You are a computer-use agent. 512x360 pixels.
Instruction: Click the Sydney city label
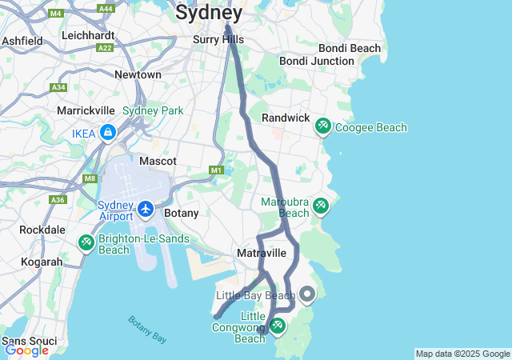209,13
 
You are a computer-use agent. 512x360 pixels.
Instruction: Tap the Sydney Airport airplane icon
146,209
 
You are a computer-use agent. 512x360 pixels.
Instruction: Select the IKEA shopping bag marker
107,132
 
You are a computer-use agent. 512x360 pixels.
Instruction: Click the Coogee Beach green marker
322,126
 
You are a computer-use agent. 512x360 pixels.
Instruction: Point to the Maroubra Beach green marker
320,206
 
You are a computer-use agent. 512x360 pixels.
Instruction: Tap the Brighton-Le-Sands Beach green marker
86,242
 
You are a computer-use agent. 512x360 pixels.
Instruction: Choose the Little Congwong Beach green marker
277,326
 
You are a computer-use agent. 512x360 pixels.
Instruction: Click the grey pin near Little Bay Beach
306,294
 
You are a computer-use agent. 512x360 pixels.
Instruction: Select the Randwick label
286,118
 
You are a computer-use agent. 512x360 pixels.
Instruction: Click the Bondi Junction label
316,61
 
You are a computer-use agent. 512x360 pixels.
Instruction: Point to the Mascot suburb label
158,161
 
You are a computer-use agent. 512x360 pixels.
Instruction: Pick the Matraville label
261,253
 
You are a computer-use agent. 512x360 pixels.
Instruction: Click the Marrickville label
88,110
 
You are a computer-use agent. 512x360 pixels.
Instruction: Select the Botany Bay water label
147,329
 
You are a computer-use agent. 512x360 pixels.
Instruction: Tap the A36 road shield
57,199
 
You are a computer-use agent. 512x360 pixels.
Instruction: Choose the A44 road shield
106,8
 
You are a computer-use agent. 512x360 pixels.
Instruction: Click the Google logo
26,350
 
